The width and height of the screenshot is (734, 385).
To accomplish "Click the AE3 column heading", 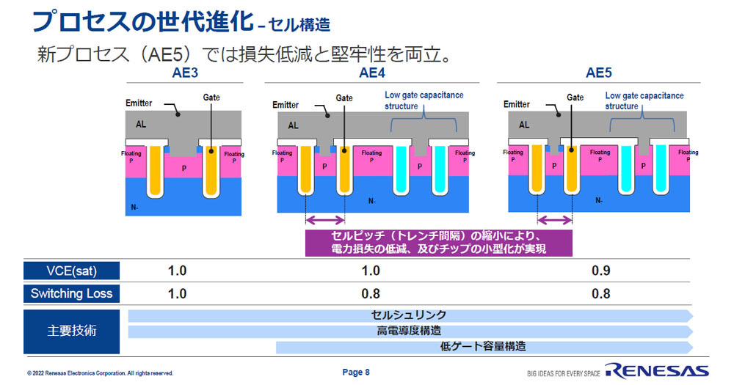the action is [x=185, y=73].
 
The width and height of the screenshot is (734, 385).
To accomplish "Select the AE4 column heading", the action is [x=372, y=73].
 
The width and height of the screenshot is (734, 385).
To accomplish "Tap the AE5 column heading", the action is [x=599, y=73].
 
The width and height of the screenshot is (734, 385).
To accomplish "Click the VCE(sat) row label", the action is [x=72, y=271].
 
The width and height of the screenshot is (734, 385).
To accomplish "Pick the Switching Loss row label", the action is [x=72, y=293].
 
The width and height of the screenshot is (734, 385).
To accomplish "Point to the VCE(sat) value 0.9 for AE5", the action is [x=600, y=271].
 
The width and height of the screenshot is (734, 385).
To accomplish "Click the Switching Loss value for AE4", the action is [x=370, y=294].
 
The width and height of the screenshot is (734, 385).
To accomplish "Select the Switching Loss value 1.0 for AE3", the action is [x=177, y=294].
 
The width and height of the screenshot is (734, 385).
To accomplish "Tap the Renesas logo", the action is [x=657, y=371].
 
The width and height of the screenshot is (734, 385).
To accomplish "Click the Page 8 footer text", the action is [x=356, y=373].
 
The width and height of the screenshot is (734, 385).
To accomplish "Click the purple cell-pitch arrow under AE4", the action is [x=325, y=219].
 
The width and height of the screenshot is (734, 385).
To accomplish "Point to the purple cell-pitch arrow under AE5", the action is [x=555, y=219].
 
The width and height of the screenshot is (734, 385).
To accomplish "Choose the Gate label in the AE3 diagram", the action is [x=211, y=98].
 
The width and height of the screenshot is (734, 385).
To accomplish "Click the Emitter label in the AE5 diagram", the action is [x=517, y=104].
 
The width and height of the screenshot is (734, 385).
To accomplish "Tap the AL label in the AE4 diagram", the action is [x=293, y=125].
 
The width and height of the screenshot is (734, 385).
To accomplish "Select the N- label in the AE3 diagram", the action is [x=134, y=208].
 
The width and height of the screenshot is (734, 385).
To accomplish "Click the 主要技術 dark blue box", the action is [x=72, y=331].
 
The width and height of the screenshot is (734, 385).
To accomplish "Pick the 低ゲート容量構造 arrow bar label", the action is [x=483, y=347].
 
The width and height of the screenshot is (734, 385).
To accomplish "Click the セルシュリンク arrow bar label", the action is [x=409, y=315].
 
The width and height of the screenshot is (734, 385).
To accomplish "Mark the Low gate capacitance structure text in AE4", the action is [x=424, y=100].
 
